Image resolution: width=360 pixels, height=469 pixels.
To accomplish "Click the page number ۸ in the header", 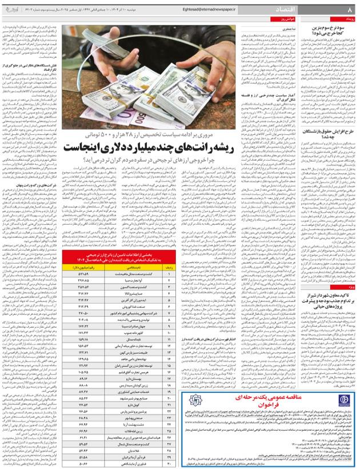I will (350, 10).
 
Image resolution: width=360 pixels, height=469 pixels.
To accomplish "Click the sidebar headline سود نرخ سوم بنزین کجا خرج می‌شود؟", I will (329, 29).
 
